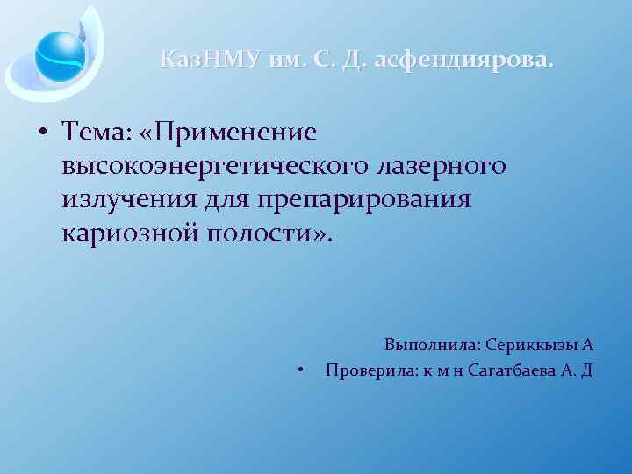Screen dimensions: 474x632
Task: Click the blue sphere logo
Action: point(61,53)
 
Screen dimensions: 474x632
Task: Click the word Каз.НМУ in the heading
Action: point(210,60)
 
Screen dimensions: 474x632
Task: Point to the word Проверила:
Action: point(368,370)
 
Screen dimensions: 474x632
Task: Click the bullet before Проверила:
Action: point(301,370)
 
